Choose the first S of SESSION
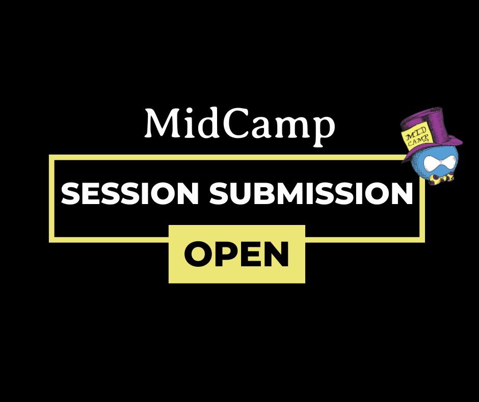pos(70,194)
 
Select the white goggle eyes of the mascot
pos(435,164)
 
